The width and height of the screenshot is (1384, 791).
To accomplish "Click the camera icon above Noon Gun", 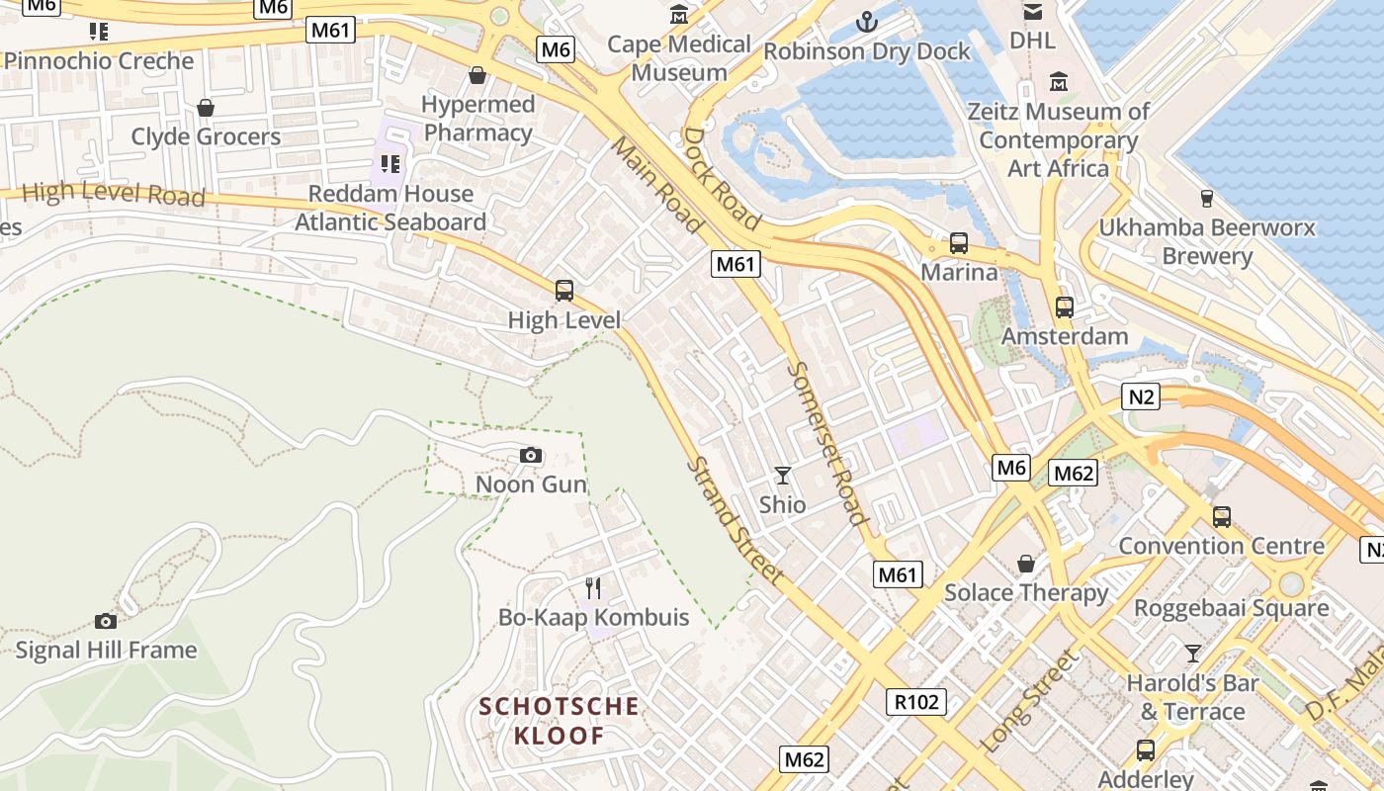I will [x=531, y=456].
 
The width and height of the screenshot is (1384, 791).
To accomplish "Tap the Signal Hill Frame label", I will [x=106, y=650].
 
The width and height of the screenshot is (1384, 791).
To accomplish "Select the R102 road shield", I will [x=916, y=702].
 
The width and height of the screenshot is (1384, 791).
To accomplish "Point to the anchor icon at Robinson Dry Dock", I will [x=867, y=21].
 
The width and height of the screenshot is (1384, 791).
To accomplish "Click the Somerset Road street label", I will [x=828, y=443].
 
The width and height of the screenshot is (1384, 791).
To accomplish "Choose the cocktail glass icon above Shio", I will [x=783, y=476].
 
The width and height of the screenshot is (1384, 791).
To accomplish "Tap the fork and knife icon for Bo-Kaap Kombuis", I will [x=593, y=588].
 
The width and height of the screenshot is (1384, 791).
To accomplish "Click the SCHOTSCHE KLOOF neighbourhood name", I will [x=560, y=721].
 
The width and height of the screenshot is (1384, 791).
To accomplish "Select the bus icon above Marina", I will [x=959, y=242].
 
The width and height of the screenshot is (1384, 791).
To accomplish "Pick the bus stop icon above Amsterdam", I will [x=1065, y=308].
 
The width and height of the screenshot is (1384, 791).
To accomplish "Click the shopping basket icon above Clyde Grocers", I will [x=206, y=108].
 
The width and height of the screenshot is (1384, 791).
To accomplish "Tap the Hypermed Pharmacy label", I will [x=478, y=118].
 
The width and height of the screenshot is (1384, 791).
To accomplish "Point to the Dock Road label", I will [x=722, y=178].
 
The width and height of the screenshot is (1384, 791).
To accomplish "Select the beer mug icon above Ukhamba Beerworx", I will [x=1206, y=199].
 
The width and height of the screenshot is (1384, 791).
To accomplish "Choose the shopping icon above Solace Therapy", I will [x=1026, y=564].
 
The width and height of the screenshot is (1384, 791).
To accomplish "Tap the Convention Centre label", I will [x=1222, y=546].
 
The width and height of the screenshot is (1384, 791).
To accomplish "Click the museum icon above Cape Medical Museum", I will [x=679, y=15].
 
